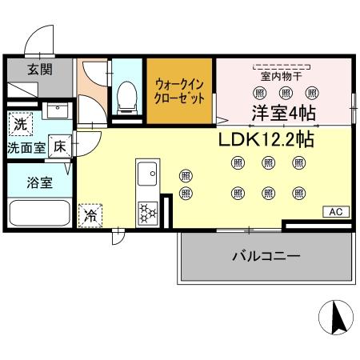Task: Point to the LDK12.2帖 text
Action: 266,139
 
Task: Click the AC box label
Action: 335,211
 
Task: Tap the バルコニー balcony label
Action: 266,256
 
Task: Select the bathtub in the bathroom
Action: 38,214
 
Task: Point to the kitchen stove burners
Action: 148,211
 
